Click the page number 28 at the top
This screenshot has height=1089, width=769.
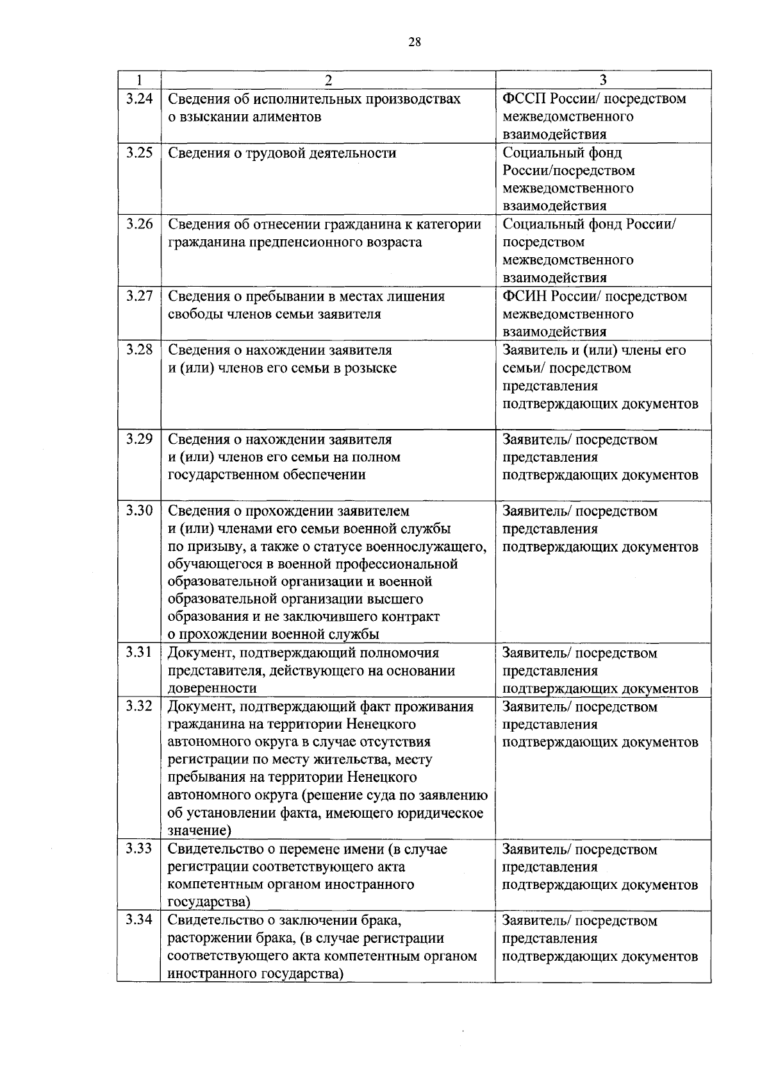pyautogui.click(x=415, y=42)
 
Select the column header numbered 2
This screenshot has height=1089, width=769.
pyautogui.click(x=328, y=80)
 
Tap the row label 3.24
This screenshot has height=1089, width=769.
pyautogui.click(x=139, y=99)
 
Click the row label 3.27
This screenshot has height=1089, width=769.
pyautogui.click(x=139, y=296)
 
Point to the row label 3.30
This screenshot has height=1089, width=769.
pyautogui.click(x=139, y=511)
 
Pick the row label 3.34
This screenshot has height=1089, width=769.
pyautogui.click(x=139, y=920)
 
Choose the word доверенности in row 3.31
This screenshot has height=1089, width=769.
pyautogui.click(x=212, y=688)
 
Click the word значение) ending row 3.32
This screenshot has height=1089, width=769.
pyautogui.click(x=199, y=831)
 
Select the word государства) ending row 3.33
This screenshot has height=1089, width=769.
pyautogui.click(x=209, y=902)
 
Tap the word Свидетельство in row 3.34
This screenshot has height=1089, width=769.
pyautogui.click(x=215, y=920)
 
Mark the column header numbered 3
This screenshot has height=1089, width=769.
pyautogui.click(x=602, y=80)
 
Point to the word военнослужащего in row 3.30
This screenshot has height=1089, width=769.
pyautogui.click(x=426, y=547)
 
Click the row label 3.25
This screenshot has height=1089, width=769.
pyautogui.click(x=139, y=153)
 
